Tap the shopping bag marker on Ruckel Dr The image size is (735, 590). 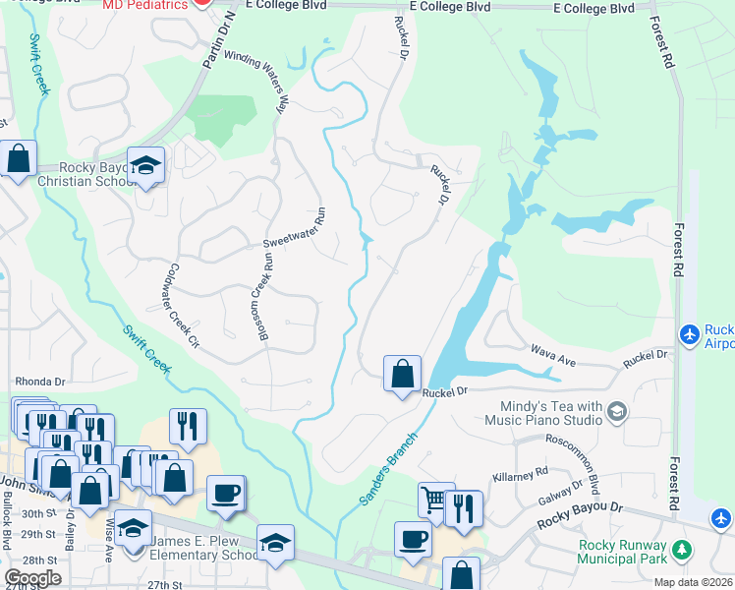402,374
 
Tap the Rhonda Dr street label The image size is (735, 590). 39,381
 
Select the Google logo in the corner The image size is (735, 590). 32,578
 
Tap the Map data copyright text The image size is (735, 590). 696,582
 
